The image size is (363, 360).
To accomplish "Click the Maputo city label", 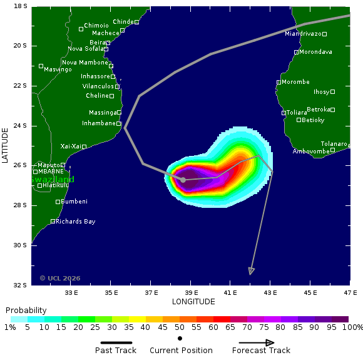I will (49, 165).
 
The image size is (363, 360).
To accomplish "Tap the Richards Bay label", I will (76, 221).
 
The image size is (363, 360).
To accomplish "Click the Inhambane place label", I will (98, 123).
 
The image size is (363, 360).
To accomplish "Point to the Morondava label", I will (315, 52).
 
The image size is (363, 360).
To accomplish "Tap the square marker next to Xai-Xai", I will (84, 147).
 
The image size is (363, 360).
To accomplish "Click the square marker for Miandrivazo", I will (325, 34).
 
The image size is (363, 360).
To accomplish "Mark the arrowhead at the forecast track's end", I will (251, 271).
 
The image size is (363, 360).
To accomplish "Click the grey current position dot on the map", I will (183, 180).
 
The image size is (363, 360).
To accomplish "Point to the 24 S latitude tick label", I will (21, 125).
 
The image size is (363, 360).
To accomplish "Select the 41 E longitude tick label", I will (230, 292).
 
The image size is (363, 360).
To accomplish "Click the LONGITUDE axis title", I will (193, 302).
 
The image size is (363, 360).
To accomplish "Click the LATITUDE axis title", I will (5, 145).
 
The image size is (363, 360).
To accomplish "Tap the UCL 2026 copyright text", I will (60, 278).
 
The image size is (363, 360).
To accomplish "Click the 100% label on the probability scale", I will (352, 327).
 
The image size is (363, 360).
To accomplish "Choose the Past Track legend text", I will (116, 351).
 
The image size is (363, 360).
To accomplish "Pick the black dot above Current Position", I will (180, 338).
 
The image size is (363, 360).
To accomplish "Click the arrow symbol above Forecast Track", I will (257, 342).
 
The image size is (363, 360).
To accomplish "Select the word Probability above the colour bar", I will (26, 311).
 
